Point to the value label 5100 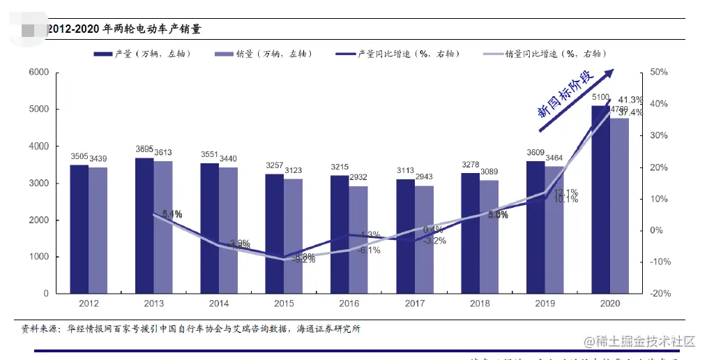600,98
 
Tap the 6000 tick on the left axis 38,73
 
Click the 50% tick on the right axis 659,73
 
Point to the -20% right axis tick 659,294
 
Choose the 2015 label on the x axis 284,303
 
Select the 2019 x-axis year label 545,303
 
